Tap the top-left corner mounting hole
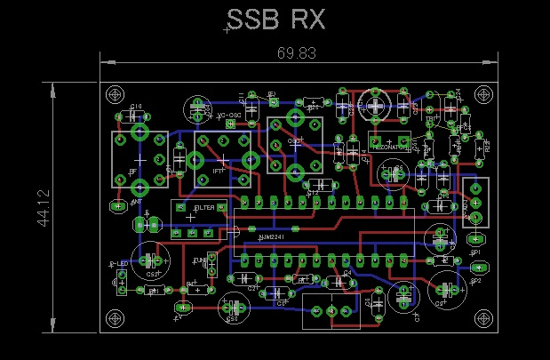click(x=114, y=94)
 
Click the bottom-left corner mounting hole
click(x=114, y=317)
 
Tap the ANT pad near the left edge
click(x=117, y=206)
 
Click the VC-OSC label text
click(x=230, y=116)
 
